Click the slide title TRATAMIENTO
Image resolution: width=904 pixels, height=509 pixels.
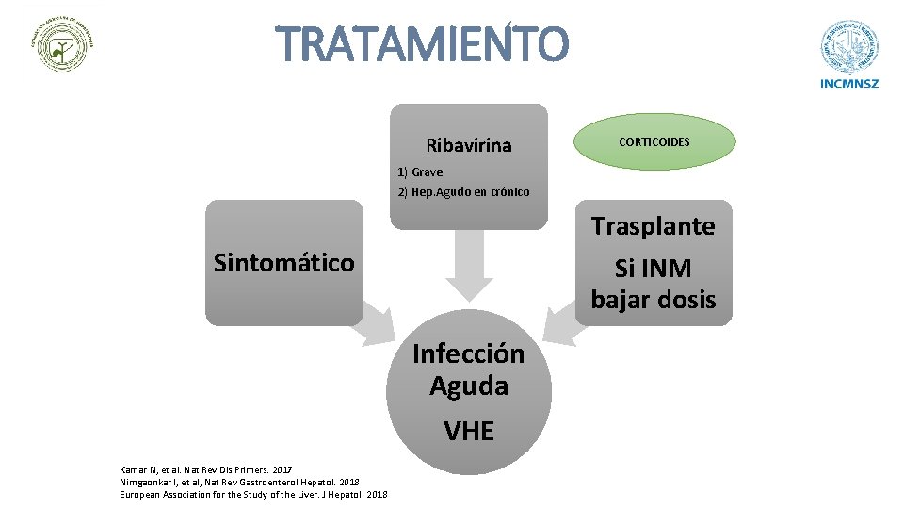[x=423, y=44]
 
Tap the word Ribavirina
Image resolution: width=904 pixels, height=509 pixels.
[x=469, y=145]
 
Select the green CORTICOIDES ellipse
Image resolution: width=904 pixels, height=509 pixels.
[x=654, y=142]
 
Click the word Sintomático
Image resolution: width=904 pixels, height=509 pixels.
[x=284, y=262]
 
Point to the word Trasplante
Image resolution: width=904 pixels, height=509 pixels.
[x=654, y=226]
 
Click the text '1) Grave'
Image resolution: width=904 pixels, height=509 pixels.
[x=420, y=172]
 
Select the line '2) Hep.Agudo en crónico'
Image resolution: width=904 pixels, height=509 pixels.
[x=463, y=191]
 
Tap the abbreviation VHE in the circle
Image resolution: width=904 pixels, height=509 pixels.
[x=469, y=431]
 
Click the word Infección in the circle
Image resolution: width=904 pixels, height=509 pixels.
[x=469, y=353]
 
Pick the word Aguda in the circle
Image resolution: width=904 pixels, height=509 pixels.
[x=469, y=386]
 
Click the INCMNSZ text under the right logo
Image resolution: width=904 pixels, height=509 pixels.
[x=849, y=83]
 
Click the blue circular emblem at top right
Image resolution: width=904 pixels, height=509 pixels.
[x=849, y=46]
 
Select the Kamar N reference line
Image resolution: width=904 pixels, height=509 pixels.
[x=206, y=468]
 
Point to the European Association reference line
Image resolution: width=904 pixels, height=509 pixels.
[x=253, y=494]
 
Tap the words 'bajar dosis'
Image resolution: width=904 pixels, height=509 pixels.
[x=654, y=300]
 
